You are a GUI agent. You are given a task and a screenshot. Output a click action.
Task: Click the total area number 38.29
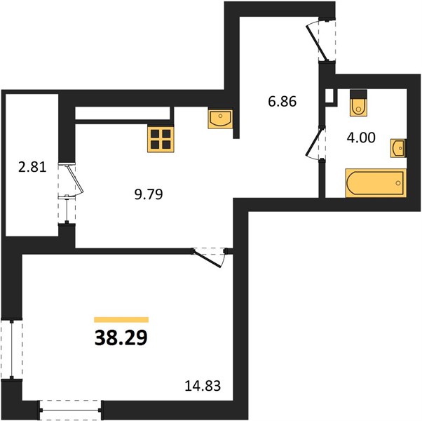pos(121,338)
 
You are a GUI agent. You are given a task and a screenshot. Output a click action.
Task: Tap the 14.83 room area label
pos(203,386)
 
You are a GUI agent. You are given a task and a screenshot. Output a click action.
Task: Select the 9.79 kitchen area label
pos(149,194)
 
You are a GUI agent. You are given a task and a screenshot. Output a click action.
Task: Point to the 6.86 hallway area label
pos(283,101)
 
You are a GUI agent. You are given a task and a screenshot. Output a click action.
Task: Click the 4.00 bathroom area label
pos(361,138)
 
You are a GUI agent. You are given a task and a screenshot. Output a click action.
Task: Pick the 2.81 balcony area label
pos(32,167)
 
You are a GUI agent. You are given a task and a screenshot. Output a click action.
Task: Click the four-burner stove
pos(161,139)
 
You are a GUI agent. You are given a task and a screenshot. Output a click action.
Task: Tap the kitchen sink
pos(220,119)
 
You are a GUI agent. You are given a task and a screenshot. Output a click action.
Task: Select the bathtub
pos(376,183)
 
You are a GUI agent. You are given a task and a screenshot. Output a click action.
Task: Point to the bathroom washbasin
pos(398,148)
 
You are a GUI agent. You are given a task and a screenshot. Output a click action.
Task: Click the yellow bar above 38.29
pos(121,320)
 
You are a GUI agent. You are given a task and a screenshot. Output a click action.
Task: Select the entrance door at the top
pos(318,42)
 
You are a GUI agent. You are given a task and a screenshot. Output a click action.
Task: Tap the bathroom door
pos(314,144)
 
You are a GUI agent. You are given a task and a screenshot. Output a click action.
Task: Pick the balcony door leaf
pos(76,180)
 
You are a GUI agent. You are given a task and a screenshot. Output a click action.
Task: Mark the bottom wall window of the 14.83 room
pos(71,410)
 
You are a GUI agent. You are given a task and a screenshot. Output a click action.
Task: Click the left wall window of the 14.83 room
pos(12,349)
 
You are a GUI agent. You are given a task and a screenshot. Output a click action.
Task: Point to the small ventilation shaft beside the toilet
pos(330,95)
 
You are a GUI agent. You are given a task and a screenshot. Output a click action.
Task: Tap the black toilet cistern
pos(358,95)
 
